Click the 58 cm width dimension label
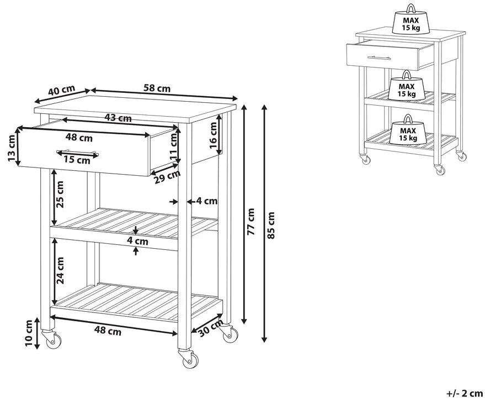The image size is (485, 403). pyautogui.click(x=157, y=88)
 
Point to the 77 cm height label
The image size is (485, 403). pyautogui.click(x=251, y=221)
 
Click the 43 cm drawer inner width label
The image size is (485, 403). pyautogui.click(x=118, y=118)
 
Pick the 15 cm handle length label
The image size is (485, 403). pyautogui.click(x=76, y=160)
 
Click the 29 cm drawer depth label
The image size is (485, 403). pyautogui.click(x=167, y=175)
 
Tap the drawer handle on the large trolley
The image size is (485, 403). pyautogui.click(x=77, y=152)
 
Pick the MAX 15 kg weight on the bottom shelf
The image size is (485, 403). pyautogui.click(x=408, y=130)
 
